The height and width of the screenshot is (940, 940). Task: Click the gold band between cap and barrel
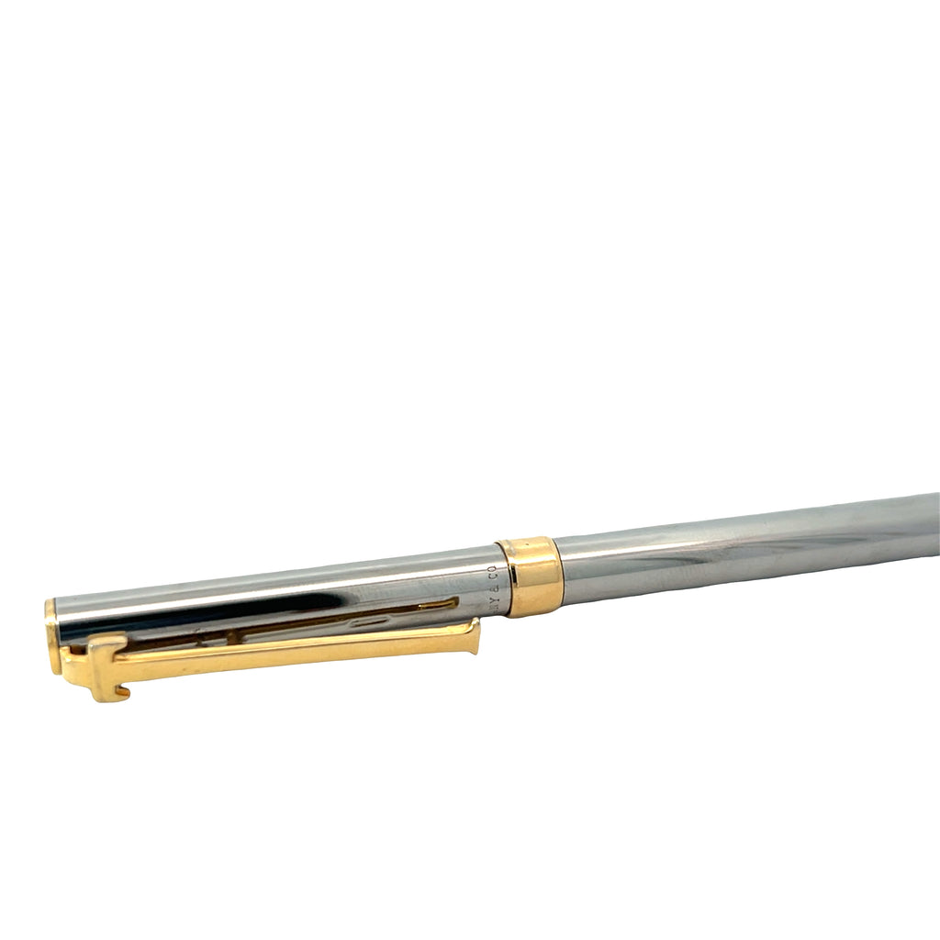click(x=531, y=576)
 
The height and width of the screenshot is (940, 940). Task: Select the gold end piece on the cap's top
click(x=51, y=633)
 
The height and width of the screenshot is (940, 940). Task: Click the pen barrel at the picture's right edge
click(x=927, y=523)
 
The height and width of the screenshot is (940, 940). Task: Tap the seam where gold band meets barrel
click(x=558, y=572)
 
